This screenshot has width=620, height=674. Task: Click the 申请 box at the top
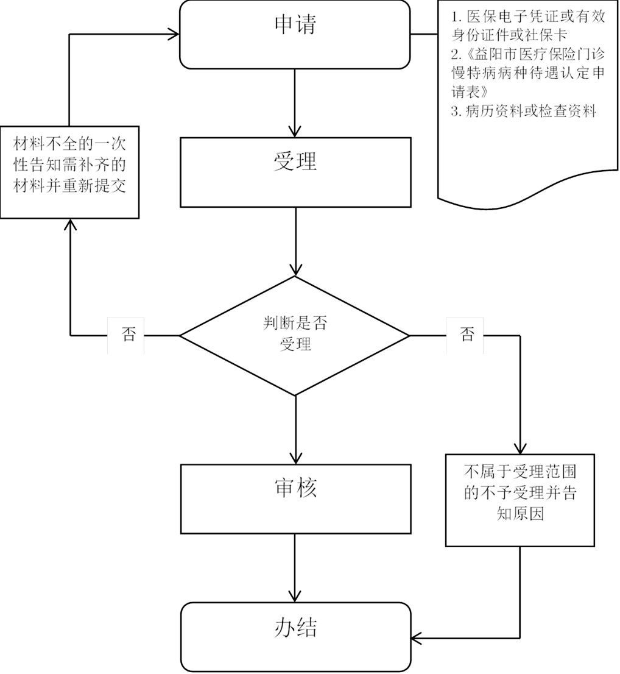pos(295,34)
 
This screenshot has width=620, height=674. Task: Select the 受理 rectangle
pos(295,171)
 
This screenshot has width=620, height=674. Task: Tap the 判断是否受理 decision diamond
pos(295,335)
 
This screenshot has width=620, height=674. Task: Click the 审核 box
pos(295,498)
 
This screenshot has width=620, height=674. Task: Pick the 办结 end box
pos(295,636)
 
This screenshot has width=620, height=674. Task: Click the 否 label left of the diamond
pos(126,335)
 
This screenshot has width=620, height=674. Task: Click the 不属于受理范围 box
pos(520,500)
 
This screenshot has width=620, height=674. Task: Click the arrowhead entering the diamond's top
pos(295,269)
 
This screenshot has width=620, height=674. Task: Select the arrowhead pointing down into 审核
pos(295,457)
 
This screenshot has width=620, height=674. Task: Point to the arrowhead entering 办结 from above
pos(295,595)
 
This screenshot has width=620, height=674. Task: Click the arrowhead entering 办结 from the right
pos(418,638)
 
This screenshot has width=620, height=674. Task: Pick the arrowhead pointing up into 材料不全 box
pos(70,226)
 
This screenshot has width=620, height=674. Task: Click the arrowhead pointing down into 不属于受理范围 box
pos(520,447)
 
